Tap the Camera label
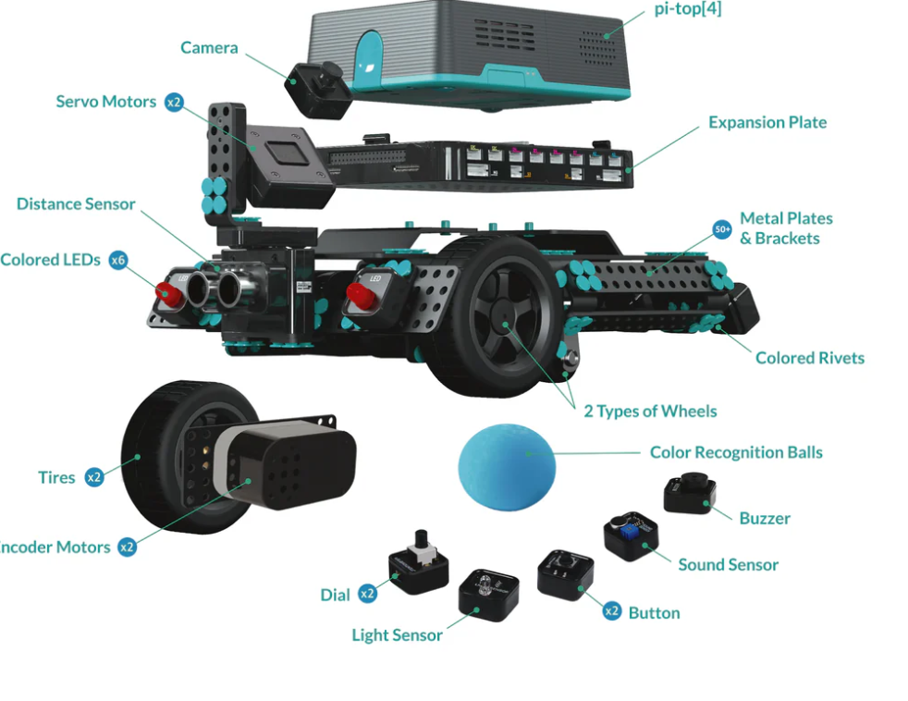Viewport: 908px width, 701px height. click(209, 48)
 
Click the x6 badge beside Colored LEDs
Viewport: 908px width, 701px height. click(118, 260)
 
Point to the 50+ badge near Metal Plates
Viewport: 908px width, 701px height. click(722, 228)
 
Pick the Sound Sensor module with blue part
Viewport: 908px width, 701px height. click(632, 536)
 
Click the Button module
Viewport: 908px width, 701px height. click(565, 575)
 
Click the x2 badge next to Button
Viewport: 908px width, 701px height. click(611, 611)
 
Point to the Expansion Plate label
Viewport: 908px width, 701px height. click(767, 122)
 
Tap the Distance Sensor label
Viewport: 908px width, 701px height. click(76, 204)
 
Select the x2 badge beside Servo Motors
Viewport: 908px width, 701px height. click(174, 102)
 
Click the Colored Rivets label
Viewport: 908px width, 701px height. click(810, 358)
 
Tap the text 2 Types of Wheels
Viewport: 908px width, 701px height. click(650, 411)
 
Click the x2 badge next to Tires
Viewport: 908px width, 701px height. click(93, 477)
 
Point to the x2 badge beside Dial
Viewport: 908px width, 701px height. click(368, 594)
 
